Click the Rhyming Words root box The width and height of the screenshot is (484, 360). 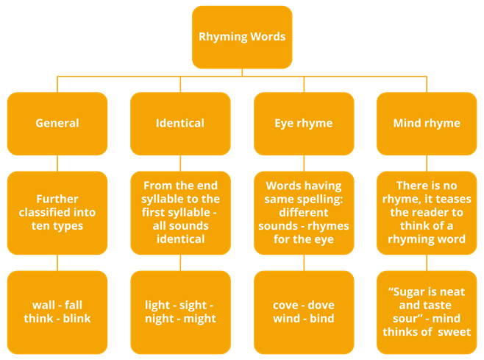(x=242, y=37)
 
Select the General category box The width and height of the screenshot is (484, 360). (x=57, y=123)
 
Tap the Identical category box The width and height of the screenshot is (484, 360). (x=180, y=123)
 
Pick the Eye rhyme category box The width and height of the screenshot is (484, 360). (x=303, y=123)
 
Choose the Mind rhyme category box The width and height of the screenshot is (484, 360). (x=427, y=123)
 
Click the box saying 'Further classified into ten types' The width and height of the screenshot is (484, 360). (x=57, y=212)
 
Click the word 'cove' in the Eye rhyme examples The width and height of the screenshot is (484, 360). (x=286, y=305)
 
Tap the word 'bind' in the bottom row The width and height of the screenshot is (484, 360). (x=321, y=318)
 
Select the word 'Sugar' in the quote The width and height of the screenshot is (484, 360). (x=406, y=292)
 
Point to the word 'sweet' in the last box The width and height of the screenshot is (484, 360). (x=455, y=332)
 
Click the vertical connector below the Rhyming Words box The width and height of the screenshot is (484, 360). (x=242, y=71)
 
